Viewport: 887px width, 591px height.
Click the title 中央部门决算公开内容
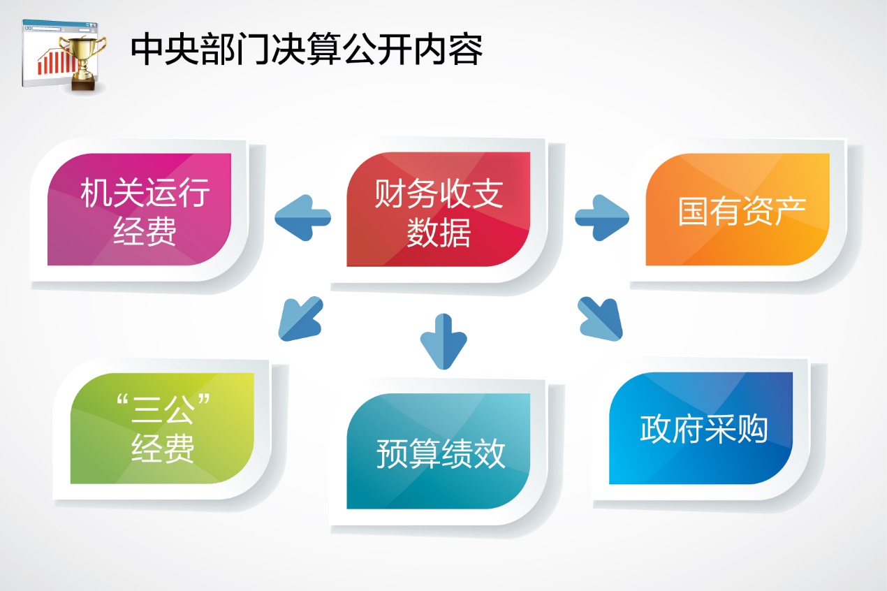point(306,50)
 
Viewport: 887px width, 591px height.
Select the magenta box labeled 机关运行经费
point(140,210)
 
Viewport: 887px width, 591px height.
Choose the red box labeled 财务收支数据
point(439,210)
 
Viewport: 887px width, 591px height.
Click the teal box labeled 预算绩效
point(439,451)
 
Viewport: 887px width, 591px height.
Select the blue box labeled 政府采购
point(701,428)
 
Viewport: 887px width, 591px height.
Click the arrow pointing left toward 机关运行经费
point(302,217)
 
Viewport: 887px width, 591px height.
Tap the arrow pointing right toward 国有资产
point(601,217)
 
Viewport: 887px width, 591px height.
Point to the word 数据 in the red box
point(439,233)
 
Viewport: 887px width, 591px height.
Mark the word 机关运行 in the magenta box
point(145,193)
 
